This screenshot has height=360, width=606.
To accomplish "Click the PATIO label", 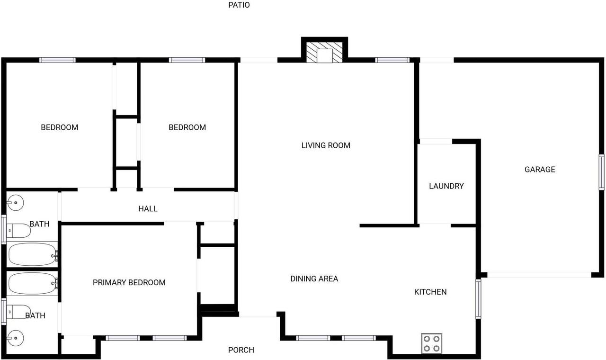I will pyautogui.click(x=239, y=5).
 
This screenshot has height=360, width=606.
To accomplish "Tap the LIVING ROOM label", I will pyautogui.click(x=326, y=145).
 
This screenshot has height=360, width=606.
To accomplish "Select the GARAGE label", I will pyautogui.click(x=540, y=170).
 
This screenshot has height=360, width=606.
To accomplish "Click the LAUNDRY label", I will pyautogui.click(x=446, y=186).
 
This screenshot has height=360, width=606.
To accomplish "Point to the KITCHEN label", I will pyautogui.click(x=430, y=292).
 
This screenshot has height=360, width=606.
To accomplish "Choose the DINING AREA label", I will pyautogui.click(x=314, y=279).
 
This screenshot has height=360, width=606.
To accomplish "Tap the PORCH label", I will pyautogui.click(x=241, y=350).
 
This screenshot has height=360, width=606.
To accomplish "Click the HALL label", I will pyautogui.click(x=148, y=208).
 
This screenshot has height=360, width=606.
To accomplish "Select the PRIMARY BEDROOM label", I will pyautogui.click(x=129, y=283).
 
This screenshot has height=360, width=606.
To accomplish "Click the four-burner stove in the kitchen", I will pyautogui.click(x=431, y=343).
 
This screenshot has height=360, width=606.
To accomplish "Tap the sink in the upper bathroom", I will pyautogui.click(x=15, y=203).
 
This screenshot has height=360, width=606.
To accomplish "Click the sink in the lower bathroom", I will pyautogui.click(x=15, y=339).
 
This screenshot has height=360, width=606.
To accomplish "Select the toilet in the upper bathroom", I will pyautogui.click(x=19, y=231).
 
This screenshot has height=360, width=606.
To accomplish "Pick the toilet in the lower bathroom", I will pyautogui.click(x=19, y=311).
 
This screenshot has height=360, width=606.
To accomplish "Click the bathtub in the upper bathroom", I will pyautogui.click(x=32, y=255).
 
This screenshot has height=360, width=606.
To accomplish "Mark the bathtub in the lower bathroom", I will pyautogui.click(x=32, y=283).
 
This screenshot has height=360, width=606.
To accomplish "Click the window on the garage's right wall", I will pyautogui.click(x=601, y=172).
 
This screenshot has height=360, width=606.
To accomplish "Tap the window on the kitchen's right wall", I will pyautogui.click(x=478, y=298).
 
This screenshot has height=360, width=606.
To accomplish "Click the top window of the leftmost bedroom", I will pyautogui.click(x=57, y=60).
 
